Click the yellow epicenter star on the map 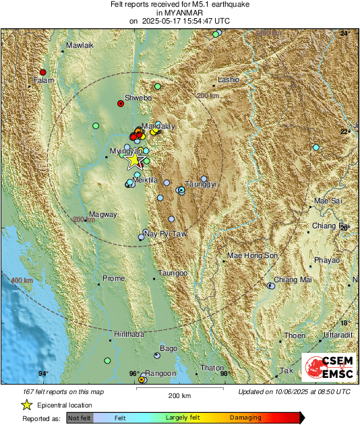click(x=136, y=160)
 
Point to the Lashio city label click(x=228, y=80)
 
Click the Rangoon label click(x=161, y=373)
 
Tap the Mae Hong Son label click(x=253, y=256)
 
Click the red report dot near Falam click(x=43, y=72)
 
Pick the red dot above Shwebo click(x=121, y=104)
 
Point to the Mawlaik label click(x=78, y=46)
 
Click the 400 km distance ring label click(x=22, y=280)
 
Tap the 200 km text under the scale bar click(x=178, y=395)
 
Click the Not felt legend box click(x=79, y=418)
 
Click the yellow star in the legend click(x=26, y=405)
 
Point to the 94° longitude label click(x=43, y=374)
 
